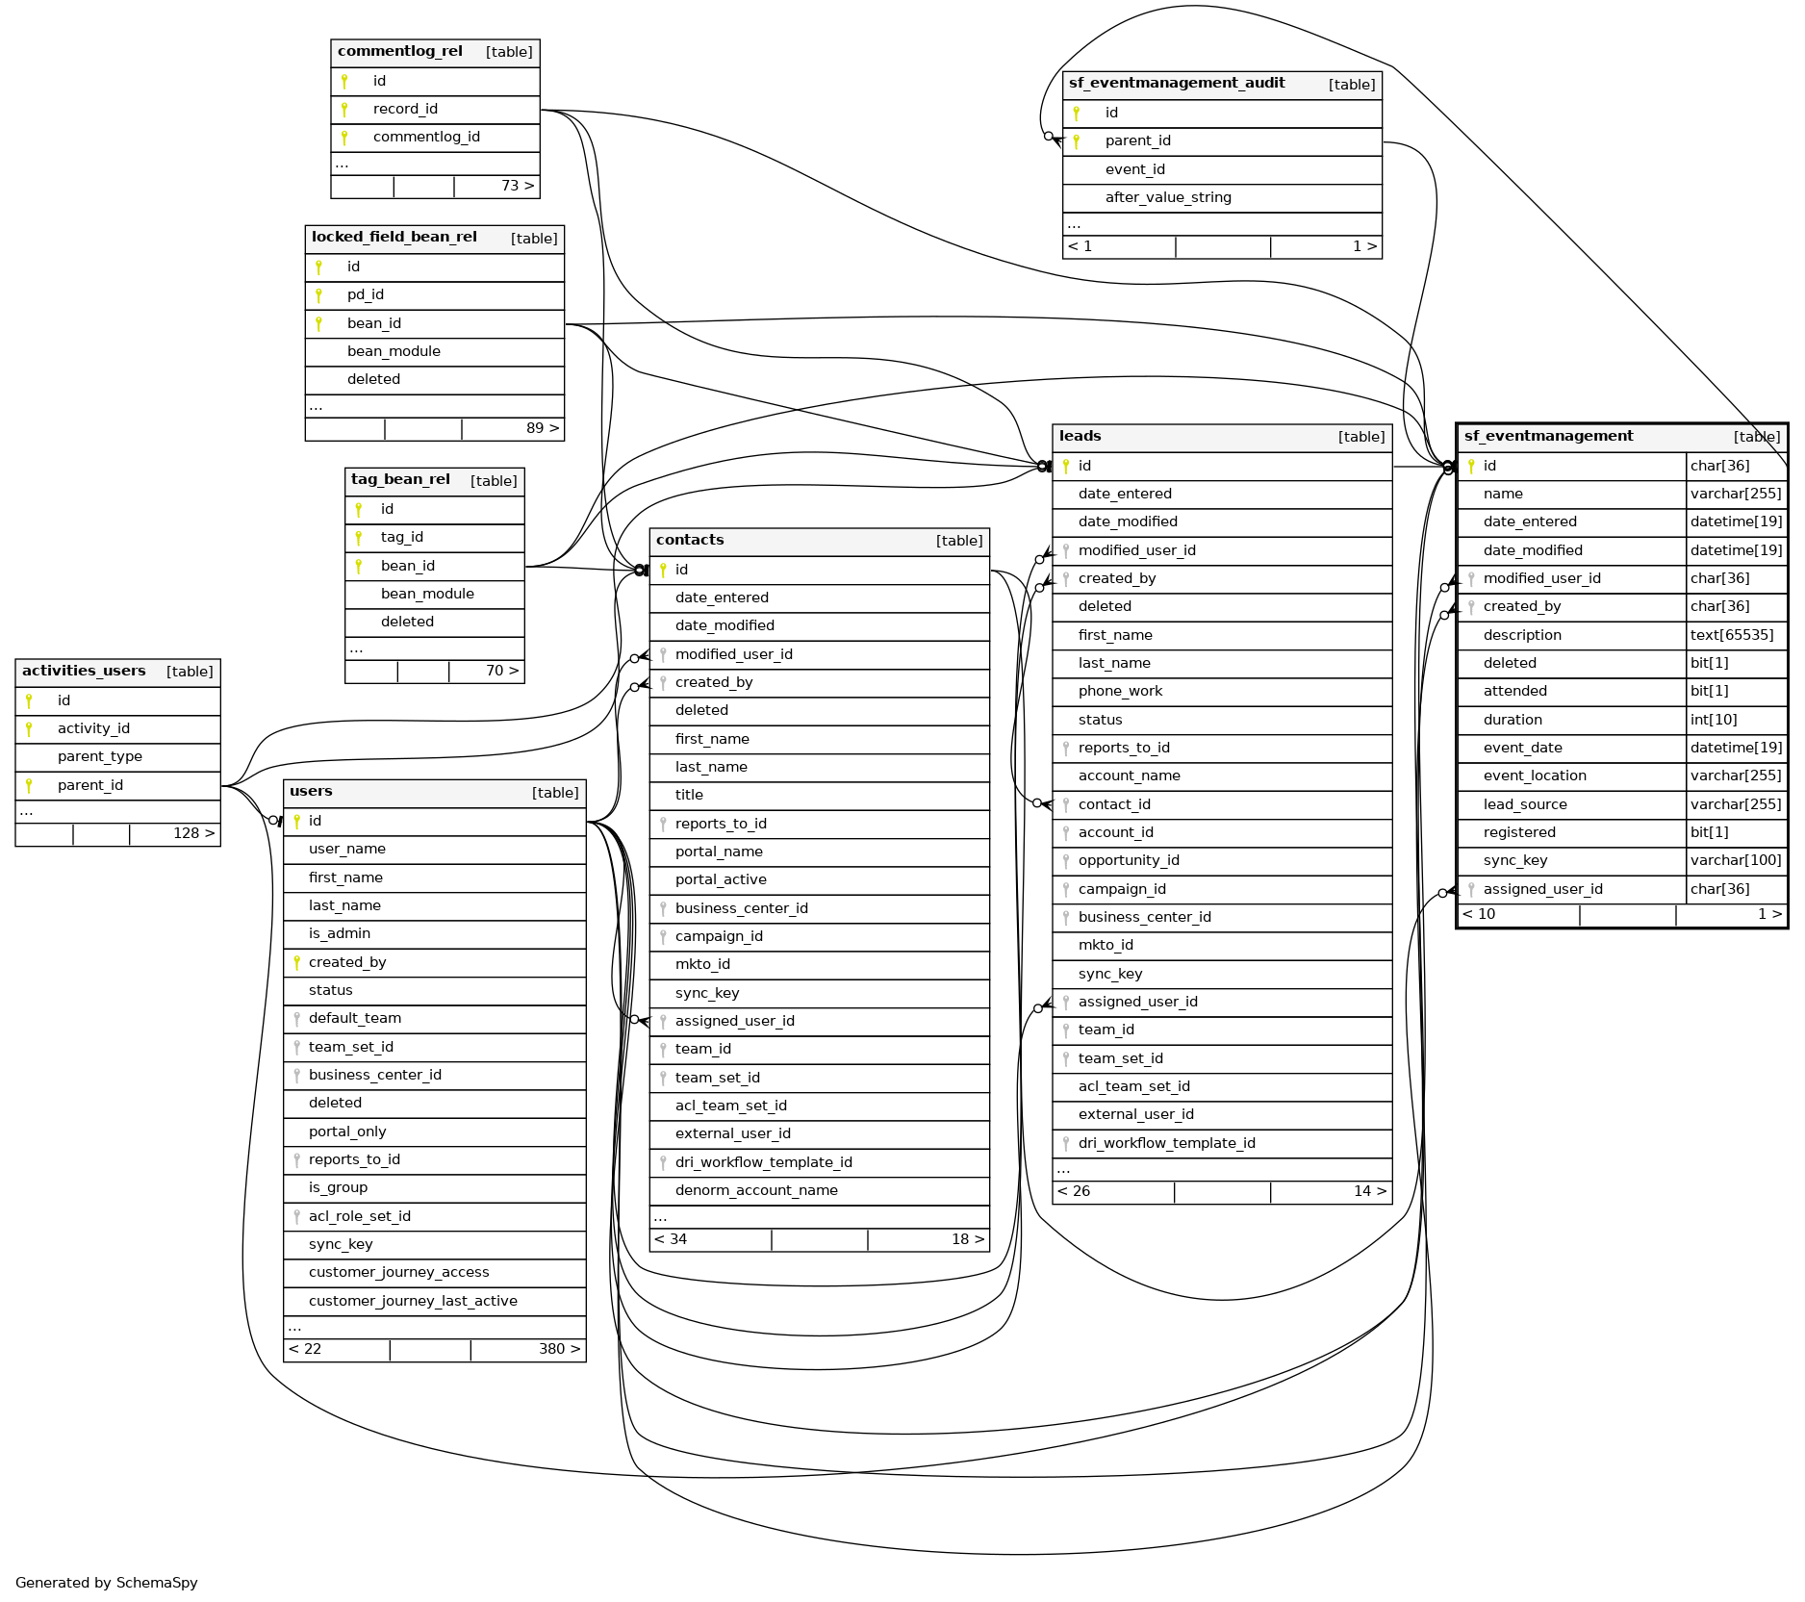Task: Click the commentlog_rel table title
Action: click(x=399, y=52)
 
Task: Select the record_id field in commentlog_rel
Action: click(x=405, y=109)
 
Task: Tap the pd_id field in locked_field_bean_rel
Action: click(x=366, y=294)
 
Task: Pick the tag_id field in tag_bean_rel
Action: click(x=401, y=537)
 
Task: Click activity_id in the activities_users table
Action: click(x=93, y=728)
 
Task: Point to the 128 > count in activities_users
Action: click(x=193, y=833)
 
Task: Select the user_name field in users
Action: click(x=346, y=849)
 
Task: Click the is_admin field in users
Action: click(x=339, y=933)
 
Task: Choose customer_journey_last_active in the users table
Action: click(x=413, y=1301)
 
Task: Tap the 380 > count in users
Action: click(x=559, y=1349)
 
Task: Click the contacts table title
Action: click(x=690, y=540)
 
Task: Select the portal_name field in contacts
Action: click(x=719, y=852)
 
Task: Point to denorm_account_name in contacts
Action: click(x=756, y=1190)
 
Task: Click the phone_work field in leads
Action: click(x=1120, y=691)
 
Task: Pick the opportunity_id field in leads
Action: click(x=1129, y=860)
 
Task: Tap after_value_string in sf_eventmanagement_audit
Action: click(x=1168, y=197)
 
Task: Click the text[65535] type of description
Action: click(x=1732, y=635)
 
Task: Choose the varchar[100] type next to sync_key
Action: click(x=1736, y=860)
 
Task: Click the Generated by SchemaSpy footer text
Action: click(x=107, y=1583)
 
